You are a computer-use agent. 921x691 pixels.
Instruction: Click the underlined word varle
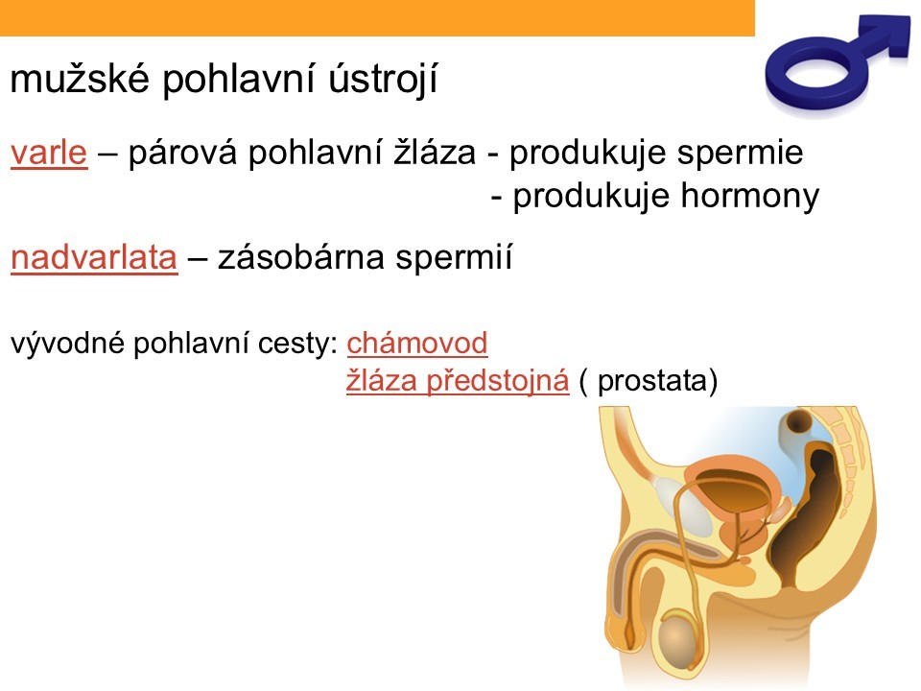(49, 153)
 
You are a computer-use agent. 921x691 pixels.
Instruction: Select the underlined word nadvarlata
(94, 257)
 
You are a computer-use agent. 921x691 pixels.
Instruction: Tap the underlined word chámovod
(417, 344)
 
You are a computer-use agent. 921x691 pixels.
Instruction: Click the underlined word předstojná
(498, 381)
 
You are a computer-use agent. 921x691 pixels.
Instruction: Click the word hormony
(750, 196)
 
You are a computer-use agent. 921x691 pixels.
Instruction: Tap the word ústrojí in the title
(383, 79)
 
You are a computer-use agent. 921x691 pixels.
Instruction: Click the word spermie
(740, 154)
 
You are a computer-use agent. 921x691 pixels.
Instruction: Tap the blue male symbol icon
(834, 63)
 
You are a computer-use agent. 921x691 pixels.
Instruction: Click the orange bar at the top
(377, 17)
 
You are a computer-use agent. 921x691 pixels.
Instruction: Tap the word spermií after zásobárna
(454, 258)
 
